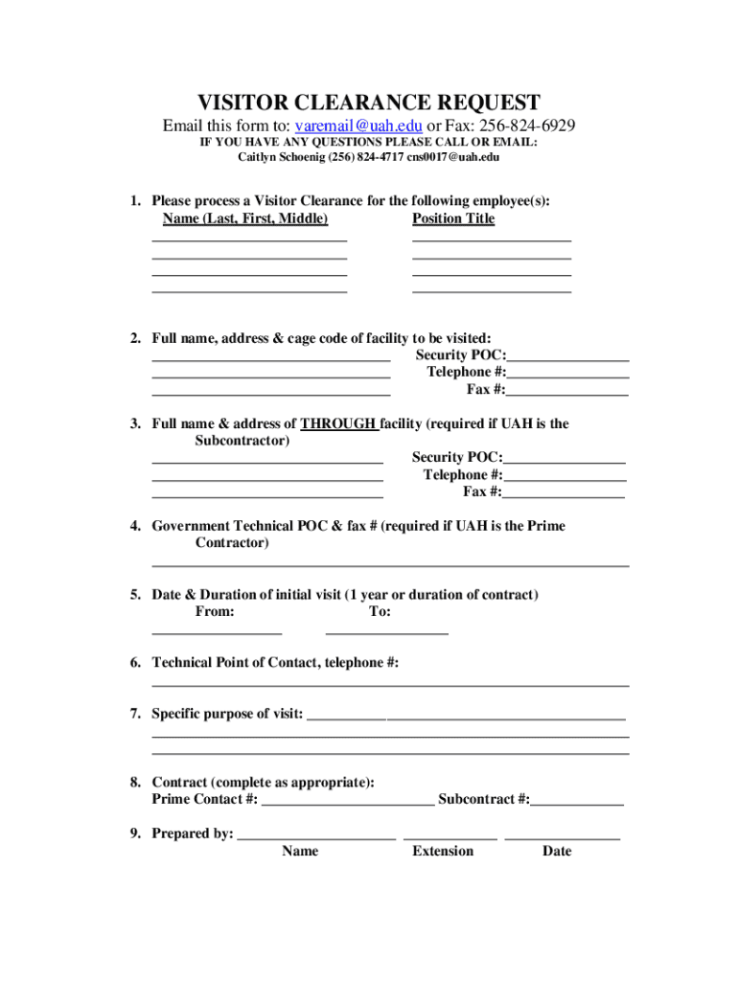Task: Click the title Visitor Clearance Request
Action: click(x=369, y=103)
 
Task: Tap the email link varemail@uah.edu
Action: click(x=358, y=126)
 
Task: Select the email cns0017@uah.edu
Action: click(x=452, y=157)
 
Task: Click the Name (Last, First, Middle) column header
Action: click(x=245, y=218)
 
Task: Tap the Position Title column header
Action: click(x=453, y=218)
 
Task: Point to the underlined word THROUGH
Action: click(x=338, y=423)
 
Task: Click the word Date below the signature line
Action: click(x=557, y=851)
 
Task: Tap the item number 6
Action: click(x=135, y=662)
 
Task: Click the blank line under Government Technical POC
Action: click(x=390, y=565)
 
